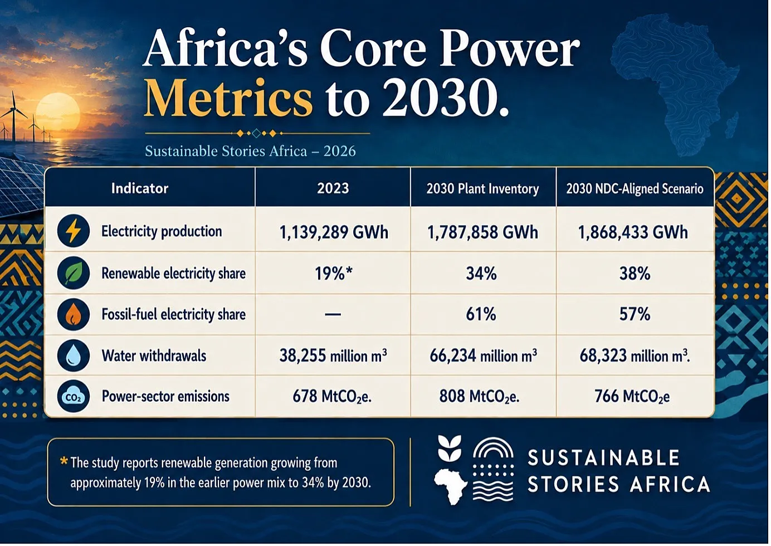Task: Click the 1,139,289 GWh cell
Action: pyautogui.click(x=334, y=232)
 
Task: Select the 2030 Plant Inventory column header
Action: pyautogui.click(x=482, y=189)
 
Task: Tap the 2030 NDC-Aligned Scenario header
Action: pyautogui.click(x=635, y=189)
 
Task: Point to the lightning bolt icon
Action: pyautogui.click(x=74, y=231)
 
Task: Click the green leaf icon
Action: pyautogui.click(x=74, y=273)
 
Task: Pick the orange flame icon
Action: pyautogui.click(x=74, y=314)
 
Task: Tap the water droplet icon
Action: pyautogui.click(x=74, y=355)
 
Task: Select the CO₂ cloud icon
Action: pyautogui.click(x=74, y=397)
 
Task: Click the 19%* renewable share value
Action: pyautogui.click(x=334, y=274)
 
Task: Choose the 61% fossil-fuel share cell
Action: pyautogui.click(x=481, y=314)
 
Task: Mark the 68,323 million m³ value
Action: pyautogui.click(x=635, y=355)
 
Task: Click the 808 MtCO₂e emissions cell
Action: pyautogui.click(x=479, y=397)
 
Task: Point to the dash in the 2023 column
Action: pyautogui.click(x=333, y=314)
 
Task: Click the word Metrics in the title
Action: pyautogui.click(x=228, y=99)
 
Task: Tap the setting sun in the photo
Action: pyautogui.click(x=58, y=114)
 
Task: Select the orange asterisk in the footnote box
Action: pyautogui.click(x=64, y=461)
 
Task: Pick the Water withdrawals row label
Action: pyautogui.click(x=154, y=355)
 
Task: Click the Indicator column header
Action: pyautogui.click(x=140, y=188)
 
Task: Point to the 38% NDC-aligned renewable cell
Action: pyautogui.click(x=635, y=274)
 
